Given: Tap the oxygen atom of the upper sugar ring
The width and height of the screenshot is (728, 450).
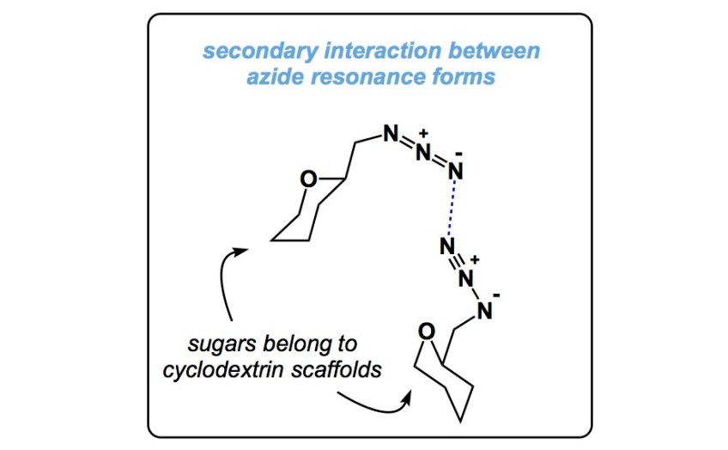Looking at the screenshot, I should click(307, 179).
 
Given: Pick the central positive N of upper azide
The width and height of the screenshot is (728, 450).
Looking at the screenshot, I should click(422, 152).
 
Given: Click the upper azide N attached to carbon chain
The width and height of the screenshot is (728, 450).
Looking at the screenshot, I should click(390, 134).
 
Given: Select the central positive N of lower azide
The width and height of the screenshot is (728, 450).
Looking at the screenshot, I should click(465, 278).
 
